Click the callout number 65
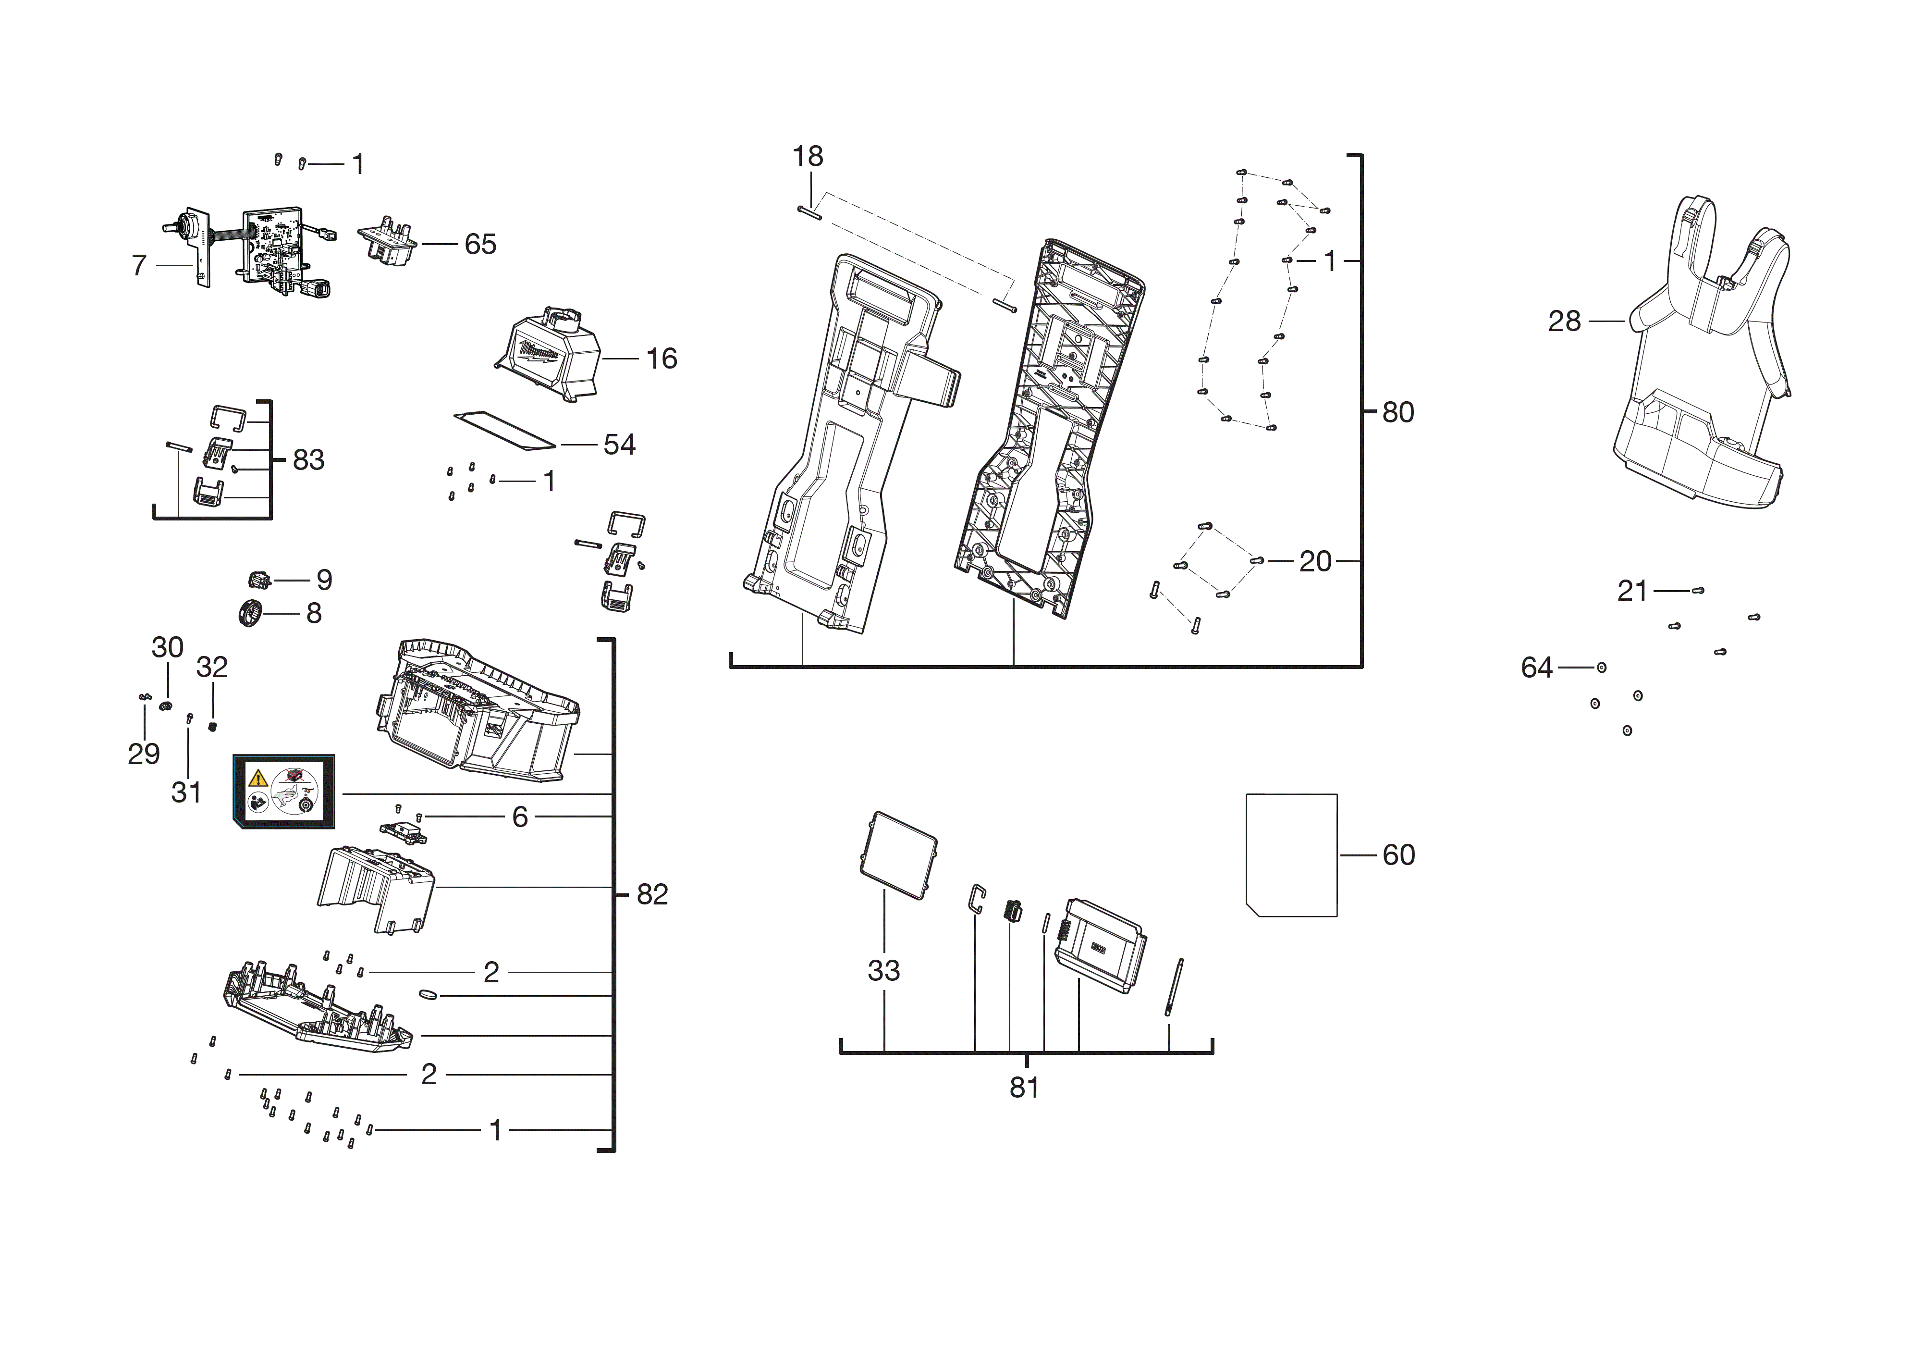click(x=480, y=245)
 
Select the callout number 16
click(x=661, y=359)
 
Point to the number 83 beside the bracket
click(x=308, y=460)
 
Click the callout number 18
click(x=808, y=157)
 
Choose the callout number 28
click(x=1564, y=321)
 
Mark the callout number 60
click(x=1398, y=855)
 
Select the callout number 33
click(x=883, y=970)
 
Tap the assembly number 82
click(x=652, y=894)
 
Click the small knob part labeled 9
click(x=260, y=579)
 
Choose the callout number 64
click(x=1537, y=668)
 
